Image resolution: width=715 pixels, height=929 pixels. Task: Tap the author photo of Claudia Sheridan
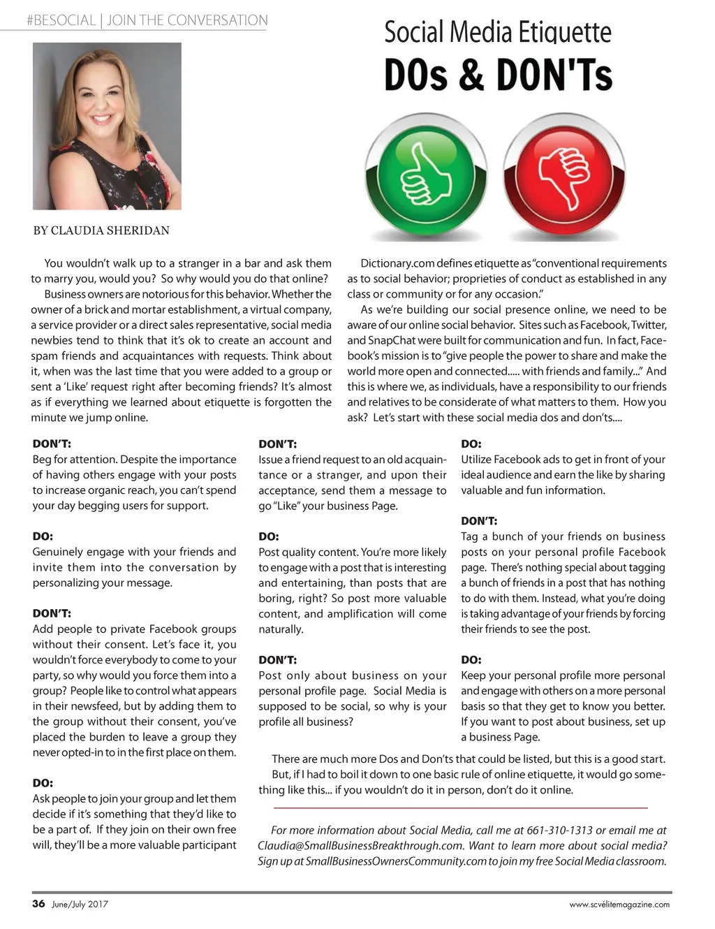107,126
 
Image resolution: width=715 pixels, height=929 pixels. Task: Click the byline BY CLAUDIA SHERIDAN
101,231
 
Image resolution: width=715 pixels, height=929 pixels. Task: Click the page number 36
38,903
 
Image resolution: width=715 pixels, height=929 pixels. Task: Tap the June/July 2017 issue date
80,904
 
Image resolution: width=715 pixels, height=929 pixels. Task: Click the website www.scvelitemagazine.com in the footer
619,904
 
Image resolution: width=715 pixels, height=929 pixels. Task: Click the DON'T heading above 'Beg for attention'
52,444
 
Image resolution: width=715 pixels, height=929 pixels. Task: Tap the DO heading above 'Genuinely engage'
43,536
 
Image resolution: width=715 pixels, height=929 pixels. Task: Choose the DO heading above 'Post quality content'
269,536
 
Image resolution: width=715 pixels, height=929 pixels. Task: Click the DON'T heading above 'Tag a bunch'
479,520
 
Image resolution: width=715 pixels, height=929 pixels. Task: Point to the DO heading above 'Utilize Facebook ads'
471,444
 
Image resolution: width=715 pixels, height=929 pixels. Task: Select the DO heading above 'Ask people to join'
43,783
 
